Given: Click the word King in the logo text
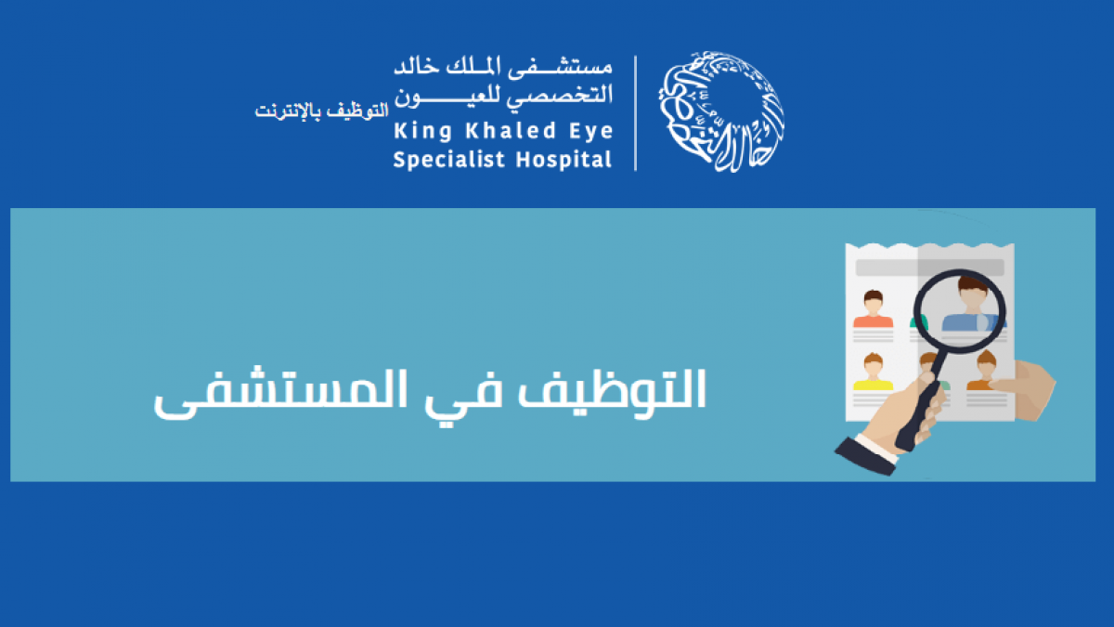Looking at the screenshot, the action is tap(422, 131).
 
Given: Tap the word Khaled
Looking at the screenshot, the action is tap(511, 130).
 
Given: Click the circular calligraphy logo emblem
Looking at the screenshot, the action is tap(721, 111).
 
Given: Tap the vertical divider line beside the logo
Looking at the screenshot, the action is tap(636, 113).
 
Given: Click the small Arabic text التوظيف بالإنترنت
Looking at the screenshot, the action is tap(321, 111).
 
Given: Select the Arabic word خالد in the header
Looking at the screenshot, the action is tap(417, 66).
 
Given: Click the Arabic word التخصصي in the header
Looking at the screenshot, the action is tap(560, 95).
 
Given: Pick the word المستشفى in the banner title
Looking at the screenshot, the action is tap(280, 394).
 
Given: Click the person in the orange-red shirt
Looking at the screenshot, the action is tap(873, 309).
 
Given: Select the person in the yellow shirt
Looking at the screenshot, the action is tap(873, 372).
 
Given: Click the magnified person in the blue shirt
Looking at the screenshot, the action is tap(971, 305).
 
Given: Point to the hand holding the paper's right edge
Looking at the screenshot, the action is tap(1026, 389).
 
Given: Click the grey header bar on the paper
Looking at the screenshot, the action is tap(929, 268).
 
